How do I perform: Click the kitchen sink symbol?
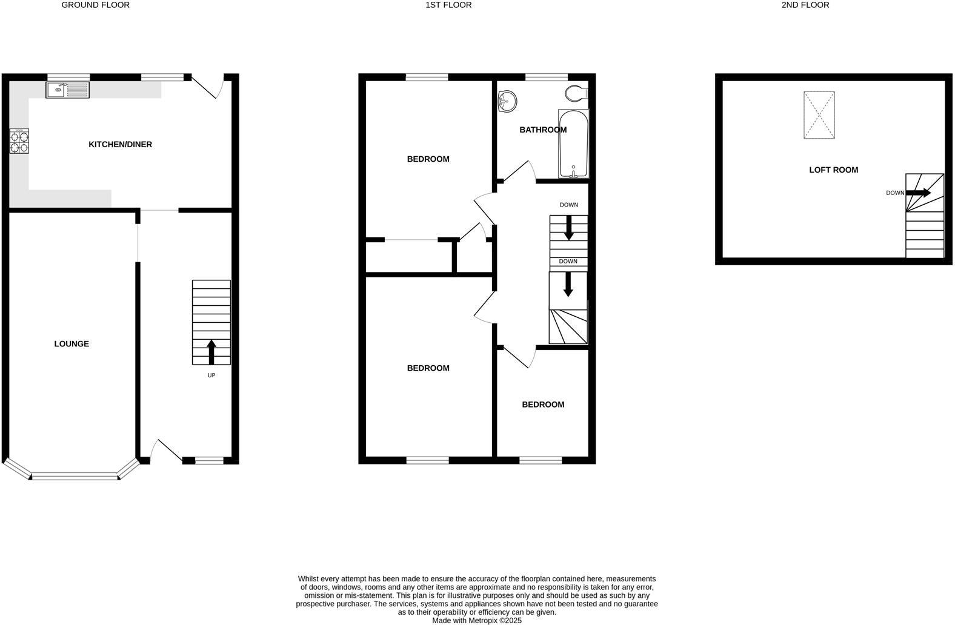click(x=67, y=90)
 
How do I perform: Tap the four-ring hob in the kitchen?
click(x=19, y=142)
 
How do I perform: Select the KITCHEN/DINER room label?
click(x=120, y=144)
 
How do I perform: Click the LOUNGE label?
click(x=72, y=343)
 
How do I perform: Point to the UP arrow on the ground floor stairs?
click(x=211, y=351)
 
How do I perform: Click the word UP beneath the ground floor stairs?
click(x=211, y=375)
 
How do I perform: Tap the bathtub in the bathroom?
click(x=573, y=144)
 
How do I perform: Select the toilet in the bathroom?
click(x=576, y=93)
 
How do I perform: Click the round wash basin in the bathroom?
click(x=507, y=101)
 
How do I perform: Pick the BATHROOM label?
click(x=543, y=130)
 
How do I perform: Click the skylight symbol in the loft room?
click(x=819, y=115)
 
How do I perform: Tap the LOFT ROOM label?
click(x=833, y=170)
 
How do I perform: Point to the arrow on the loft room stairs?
click(x=919, y=193)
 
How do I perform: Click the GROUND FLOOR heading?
click(x=96, y=5)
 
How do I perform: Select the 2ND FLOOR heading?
click(x=805, y=5)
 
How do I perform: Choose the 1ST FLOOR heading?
click(x=448, y=5)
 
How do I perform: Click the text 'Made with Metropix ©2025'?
click(x=476, y=620)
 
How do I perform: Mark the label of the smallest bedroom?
click(x=543, y=405)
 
